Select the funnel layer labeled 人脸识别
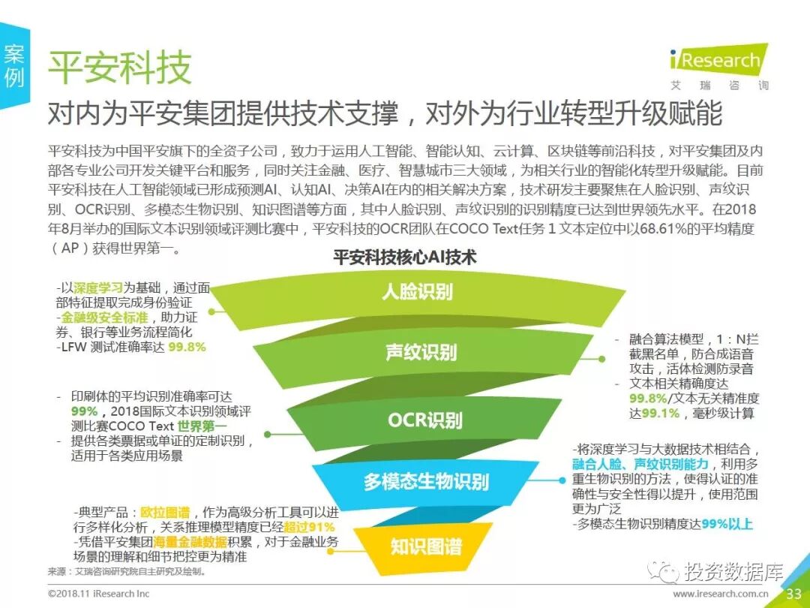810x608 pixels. [x=417, y=291]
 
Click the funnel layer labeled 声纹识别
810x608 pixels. [x=421, y=352]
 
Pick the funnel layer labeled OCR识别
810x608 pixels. [x=424, y=420]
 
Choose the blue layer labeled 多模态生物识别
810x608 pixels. [x=426, y=481]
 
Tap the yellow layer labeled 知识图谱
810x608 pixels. [x=425, y=546]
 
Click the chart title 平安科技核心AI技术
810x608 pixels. [x=404, y=258]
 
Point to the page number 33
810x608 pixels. [x=793, y=594]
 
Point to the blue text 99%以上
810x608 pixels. [x=727, y=524]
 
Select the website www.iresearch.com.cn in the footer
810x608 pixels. [x=720, y=594]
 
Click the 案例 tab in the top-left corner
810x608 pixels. [x=14, y=65]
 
